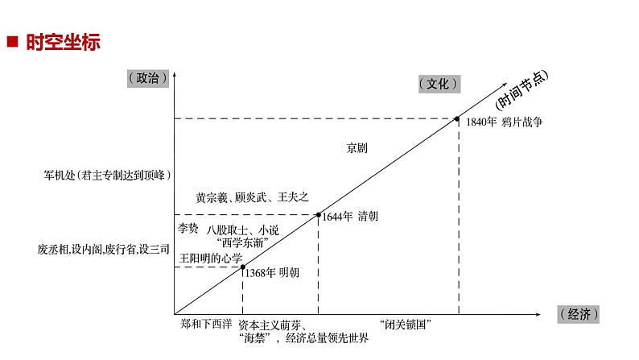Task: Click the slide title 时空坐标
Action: click(63, 43)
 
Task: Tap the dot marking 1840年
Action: click(459, 119)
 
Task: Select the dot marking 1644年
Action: click(319, 215)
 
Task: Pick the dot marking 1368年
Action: click(242, 267)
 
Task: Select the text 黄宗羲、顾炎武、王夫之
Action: click(251, 197)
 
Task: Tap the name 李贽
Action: click(188, 228)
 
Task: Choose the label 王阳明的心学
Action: click(208, 259)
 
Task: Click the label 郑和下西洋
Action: click(206, 324)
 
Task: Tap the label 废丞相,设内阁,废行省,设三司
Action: click(104, 250)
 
